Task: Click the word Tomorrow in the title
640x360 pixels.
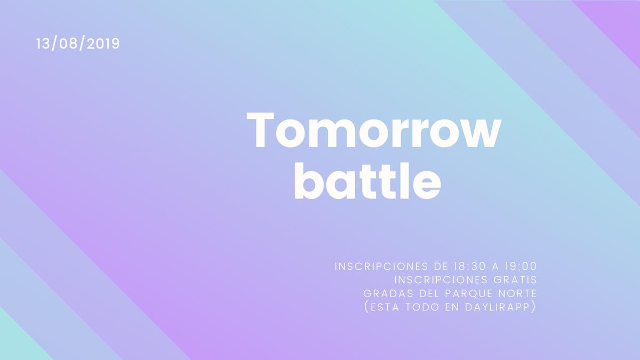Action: (x=374, y=130)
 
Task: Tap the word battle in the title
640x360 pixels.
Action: (x=367, y=181)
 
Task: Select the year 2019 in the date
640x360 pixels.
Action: (x=103, y=44)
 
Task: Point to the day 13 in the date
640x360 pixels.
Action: (x=43, y=44)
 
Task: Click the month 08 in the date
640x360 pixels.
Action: (x=68, y=44)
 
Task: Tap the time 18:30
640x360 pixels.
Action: (x=469, y=266)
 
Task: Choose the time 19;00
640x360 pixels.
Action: (x=521, y=266)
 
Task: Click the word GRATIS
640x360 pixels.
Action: (x=515, y=279)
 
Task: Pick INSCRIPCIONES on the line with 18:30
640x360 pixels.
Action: (x=381, y=266)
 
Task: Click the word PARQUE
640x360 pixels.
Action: (x=467, y=293)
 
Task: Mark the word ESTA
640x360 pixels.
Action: (x=385, y=307)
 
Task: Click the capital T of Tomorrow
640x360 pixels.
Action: (x=260, y=130)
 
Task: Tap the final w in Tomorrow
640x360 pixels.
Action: (x=483, y=134)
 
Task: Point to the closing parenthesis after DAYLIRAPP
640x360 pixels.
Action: (x=533, y=307)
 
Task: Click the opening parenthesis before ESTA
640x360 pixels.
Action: (x=367, y=307)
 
